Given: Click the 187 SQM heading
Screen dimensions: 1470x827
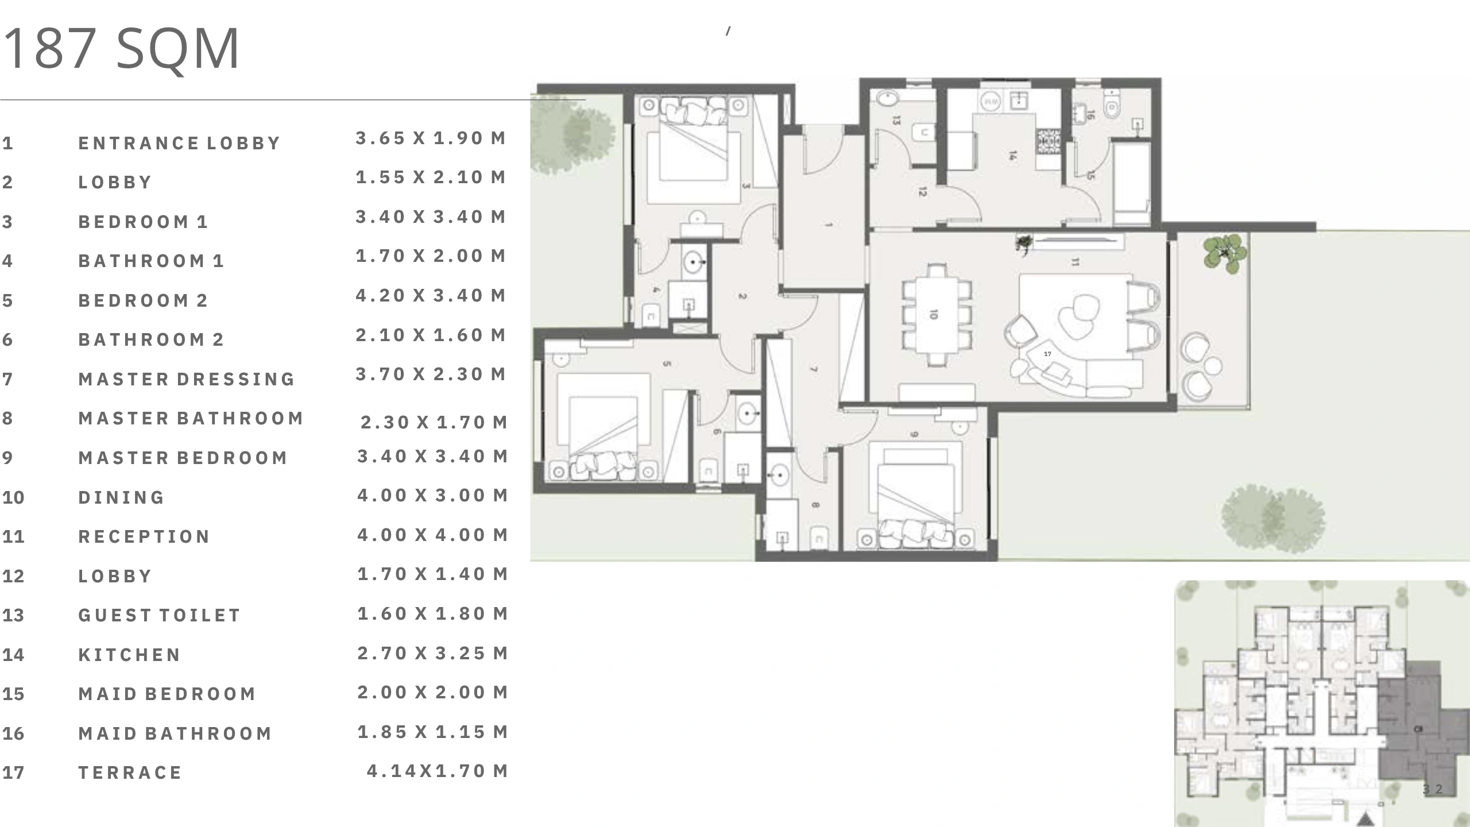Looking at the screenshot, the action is tap(121, 49).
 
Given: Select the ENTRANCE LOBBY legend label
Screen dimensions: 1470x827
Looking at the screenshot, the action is tap(179, 143).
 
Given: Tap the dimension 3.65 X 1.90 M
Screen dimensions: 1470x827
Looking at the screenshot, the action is tap(431, 138).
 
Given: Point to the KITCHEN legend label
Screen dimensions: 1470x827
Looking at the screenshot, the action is tap(129, 655).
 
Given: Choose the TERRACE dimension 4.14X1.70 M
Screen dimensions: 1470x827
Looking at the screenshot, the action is tap(438, 771).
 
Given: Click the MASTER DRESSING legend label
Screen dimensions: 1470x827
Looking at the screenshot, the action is tap(187, 379).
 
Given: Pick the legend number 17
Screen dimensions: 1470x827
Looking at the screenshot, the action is tap(13, 772).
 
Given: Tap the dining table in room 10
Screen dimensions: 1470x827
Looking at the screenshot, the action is tap(937, 315).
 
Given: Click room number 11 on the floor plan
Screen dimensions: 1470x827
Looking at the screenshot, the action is tap(1075, 262).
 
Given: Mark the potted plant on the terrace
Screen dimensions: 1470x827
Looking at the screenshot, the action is tap(1225, 253).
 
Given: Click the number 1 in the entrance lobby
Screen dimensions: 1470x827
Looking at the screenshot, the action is tap(828, 224).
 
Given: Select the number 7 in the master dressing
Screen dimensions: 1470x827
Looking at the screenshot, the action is tap(814, 369).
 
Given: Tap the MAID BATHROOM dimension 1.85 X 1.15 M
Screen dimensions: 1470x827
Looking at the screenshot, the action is tap(433, 732).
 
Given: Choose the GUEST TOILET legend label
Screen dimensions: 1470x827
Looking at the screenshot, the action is tap(159, 615).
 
